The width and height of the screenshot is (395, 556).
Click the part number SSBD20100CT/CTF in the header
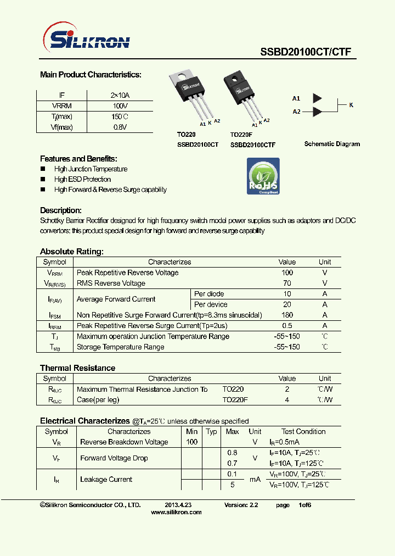pyautogui.click(x=305, y=52)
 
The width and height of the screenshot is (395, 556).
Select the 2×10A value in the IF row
pyautogui.click(x=120, y=95)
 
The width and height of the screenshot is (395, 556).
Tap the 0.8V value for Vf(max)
pyautogui.click(x=120, y=127)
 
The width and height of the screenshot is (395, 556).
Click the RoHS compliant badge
pyautogui.click(x=263, y=176)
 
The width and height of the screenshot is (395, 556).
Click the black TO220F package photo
pyautogui.click(x=241, y=93)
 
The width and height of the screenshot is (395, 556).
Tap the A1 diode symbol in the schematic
pyautogui.click(x=317, y=98)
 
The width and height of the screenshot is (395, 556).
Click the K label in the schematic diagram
pyautogui.click(x=352, y=104)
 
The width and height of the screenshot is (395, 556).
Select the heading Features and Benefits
pyautogui.click(x=78, y=158)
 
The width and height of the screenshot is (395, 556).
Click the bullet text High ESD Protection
pyautogui.click(x=82, y=179)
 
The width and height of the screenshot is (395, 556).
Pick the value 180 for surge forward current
pyautogui.click(x=287, y=315)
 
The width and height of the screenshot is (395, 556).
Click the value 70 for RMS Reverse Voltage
pyautogui.click(x=287, y=283)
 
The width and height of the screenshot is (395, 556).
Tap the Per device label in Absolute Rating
pyautogui.click(x=211, y=304)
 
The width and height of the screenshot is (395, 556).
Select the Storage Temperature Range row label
pyautogui.click(x=120, y=347)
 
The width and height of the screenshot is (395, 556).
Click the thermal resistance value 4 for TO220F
pyautogui.click(x=287, y=400)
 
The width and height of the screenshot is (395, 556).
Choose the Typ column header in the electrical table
pyautogui.click(x=211, y=432)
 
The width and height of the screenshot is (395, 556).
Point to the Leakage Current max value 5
pyautogui.click(x=233, y=485)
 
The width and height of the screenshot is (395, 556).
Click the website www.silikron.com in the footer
pyautogui.click(x=176, y=512)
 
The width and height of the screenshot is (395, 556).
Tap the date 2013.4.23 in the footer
pyautogui.click(x=178, y=504)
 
